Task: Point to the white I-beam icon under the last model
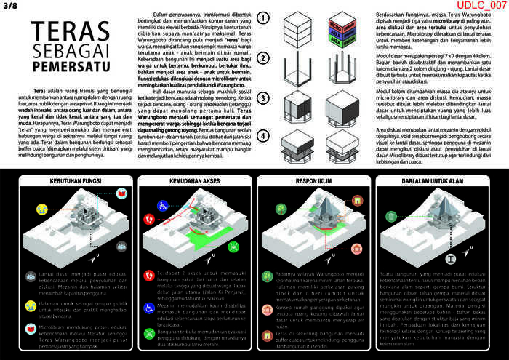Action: click(x=452, y=257)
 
